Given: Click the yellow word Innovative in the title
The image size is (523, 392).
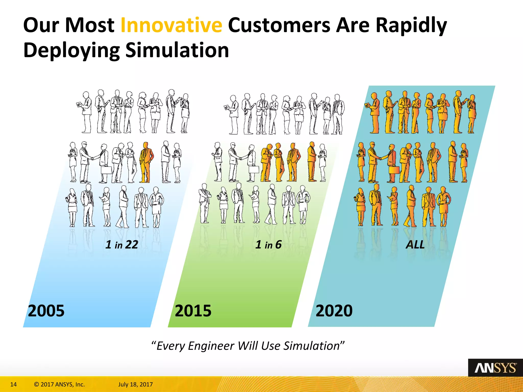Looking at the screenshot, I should click(x=171, y=25).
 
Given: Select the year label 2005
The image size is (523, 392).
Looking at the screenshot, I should click(x=46, y=311).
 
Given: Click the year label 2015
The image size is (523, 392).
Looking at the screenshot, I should click(x=193, y=311).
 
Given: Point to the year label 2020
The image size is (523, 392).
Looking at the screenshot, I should click(x=334, y=311).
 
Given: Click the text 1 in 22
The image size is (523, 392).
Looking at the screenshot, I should click(x=122, y=244).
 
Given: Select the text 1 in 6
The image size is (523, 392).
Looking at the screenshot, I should click(x=268, y=244).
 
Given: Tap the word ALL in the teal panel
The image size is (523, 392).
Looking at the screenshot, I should click(x=415, y=244).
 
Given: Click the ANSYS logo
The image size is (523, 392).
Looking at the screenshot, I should click(x=495, y=368).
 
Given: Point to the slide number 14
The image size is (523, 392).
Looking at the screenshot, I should click(x=13, y=384).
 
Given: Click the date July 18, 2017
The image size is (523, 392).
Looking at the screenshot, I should click(x=135, y=384).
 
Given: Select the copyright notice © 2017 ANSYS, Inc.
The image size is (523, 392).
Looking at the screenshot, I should click(x=59, y=384).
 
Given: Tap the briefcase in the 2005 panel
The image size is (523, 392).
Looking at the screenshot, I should click(x=106, y=170).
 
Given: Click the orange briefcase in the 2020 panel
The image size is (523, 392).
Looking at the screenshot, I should click(x=394, y=170).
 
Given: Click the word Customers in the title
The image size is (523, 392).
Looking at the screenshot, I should click(x=279, y=25).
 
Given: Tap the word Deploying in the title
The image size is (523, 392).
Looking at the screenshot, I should click(x=72, y=50).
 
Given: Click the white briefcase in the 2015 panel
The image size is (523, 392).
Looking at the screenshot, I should click(x=254, y=169).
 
